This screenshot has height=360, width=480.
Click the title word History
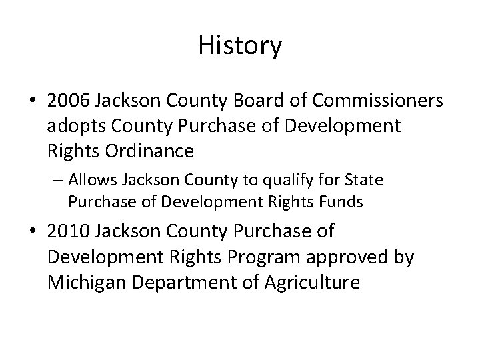(x=240, y=45)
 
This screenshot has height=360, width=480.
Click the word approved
(x=363, y=257)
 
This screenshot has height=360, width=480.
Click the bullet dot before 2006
(x=35, y=101)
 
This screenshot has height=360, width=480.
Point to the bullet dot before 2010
(x=35, y=232)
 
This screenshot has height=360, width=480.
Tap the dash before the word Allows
(x=59, y=180)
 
